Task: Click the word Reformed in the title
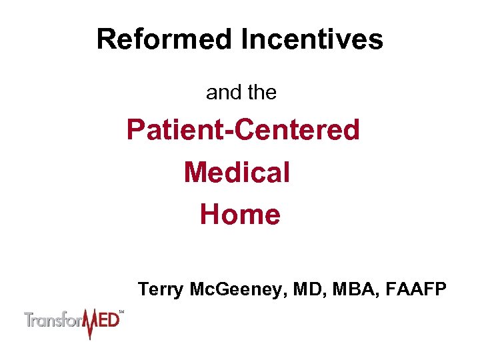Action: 165,39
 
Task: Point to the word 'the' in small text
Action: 261,93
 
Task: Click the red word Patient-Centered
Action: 243,130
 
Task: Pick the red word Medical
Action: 237,172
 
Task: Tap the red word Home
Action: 240,215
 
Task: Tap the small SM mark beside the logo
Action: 121,311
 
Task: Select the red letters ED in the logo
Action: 109,320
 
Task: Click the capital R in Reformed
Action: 105,39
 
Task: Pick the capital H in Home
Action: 210,215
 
